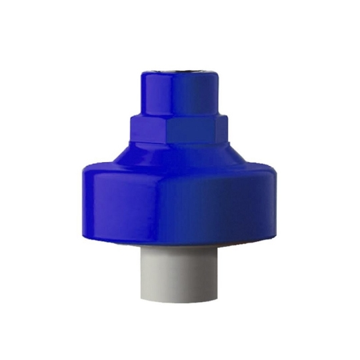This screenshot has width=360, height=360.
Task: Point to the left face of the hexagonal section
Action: click(140, 131)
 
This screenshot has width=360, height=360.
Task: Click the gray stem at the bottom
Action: click(179, 273)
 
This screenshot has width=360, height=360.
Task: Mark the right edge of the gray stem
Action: click(217, 273)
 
